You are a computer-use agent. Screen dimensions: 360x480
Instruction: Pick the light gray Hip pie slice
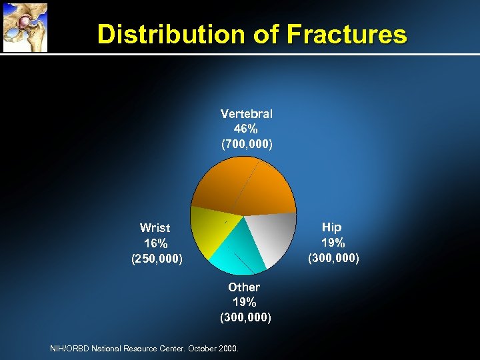(273, 237)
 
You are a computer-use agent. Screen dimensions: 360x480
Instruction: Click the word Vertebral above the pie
(246, 114)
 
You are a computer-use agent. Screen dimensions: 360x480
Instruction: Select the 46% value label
(246, 129)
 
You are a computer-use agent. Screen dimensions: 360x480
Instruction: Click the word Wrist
(155, 228)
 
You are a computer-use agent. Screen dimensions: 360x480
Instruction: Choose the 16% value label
(155, 243)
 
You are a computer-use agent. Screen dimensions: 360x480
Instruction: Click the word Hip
(331, 227)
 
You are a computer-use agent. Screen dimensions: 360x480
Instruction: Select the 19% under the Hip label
(332, 242)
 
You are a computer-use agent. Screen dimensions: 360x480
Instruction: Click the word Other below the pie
(244, 287)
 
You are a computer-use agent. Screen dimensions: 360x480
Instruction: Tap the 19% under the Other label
(245, 302)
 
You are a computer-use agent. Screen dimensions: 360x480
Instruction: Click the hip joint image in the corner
(24, 26)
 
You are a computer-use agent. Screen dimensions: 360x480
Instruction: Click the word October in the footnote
(204, 348)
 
